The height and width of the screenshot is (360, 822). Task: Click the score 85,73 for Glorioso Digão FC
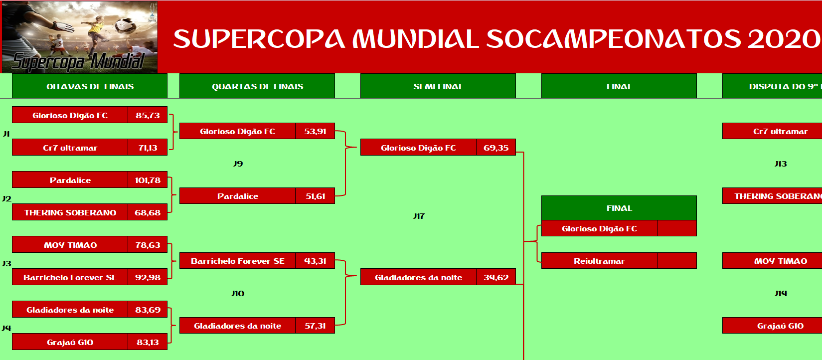[x=148, y=115]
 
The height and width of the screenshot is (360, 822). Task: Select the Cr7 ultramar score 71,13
[x=148, y=148]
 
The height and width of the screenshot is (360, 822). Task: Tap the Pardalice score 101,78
[x=148, y=180]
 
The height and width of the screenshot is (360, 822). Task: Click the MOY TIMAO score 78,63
[x=148, y=245]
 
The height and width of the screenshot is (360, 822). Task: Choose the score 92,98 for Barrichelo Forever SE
[x=148, y=277]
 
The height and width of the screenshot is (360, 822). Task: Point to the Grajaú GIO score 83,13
[x=148, y=342]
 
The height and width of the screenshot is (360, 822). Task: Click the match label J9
[x=238, y=164]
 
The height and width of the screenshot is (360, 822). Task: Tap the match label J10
[x=238, y=293]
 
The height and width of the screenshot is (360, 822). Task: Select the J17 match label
[x=419, y=216]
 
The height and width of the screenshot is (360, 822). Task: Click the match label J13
[x=781, y=164]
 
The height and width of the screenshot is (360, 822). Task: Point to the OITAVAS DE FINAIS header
[x=90, y=86]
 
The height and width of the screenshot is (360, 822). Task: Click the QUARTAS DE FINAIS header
[x=257, y=86]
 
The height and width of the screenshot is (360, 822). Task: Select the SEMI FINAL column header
[x=438, y=86]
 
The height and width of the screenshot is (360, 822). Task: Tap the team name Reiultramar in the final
[x=599, y=261]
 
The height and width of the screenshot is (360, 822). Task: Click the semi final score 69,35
[x=496, y=148]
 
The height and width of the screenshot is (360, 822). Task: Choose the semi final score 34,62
[x=496, y=277]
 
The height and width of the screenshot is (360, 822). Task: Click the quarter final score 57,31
[x=315, y=326]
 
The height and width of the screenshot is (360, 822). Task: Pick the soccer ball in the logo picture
[x=125, y=26]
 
